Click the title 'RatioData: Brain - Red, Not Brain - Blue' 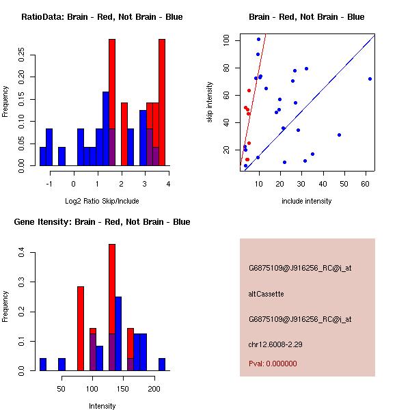(x=102, y=17)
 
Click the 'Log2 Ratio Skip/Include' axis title (x=102, y=201)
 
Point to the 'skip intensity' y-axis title (x=210, y=102)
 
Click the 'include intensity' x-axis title (x=307, y=201)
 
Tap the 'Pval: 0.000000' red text (x=273, y=364)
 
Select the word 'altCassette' (x=266, y=294)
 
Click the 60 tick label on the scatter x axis (x=366, y=184)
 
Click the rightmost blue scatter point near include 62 (x=370, y=79)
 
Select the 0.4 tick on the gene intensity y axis (x=21, y=253)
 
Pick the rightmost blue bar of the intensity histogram (x=162, y=364)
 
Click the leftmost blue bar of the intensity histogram (x=43, y=364)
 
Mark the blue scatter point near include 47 (x=339, y=135)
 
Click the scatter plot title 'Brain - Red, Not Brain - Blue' (x=307, y=17)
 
